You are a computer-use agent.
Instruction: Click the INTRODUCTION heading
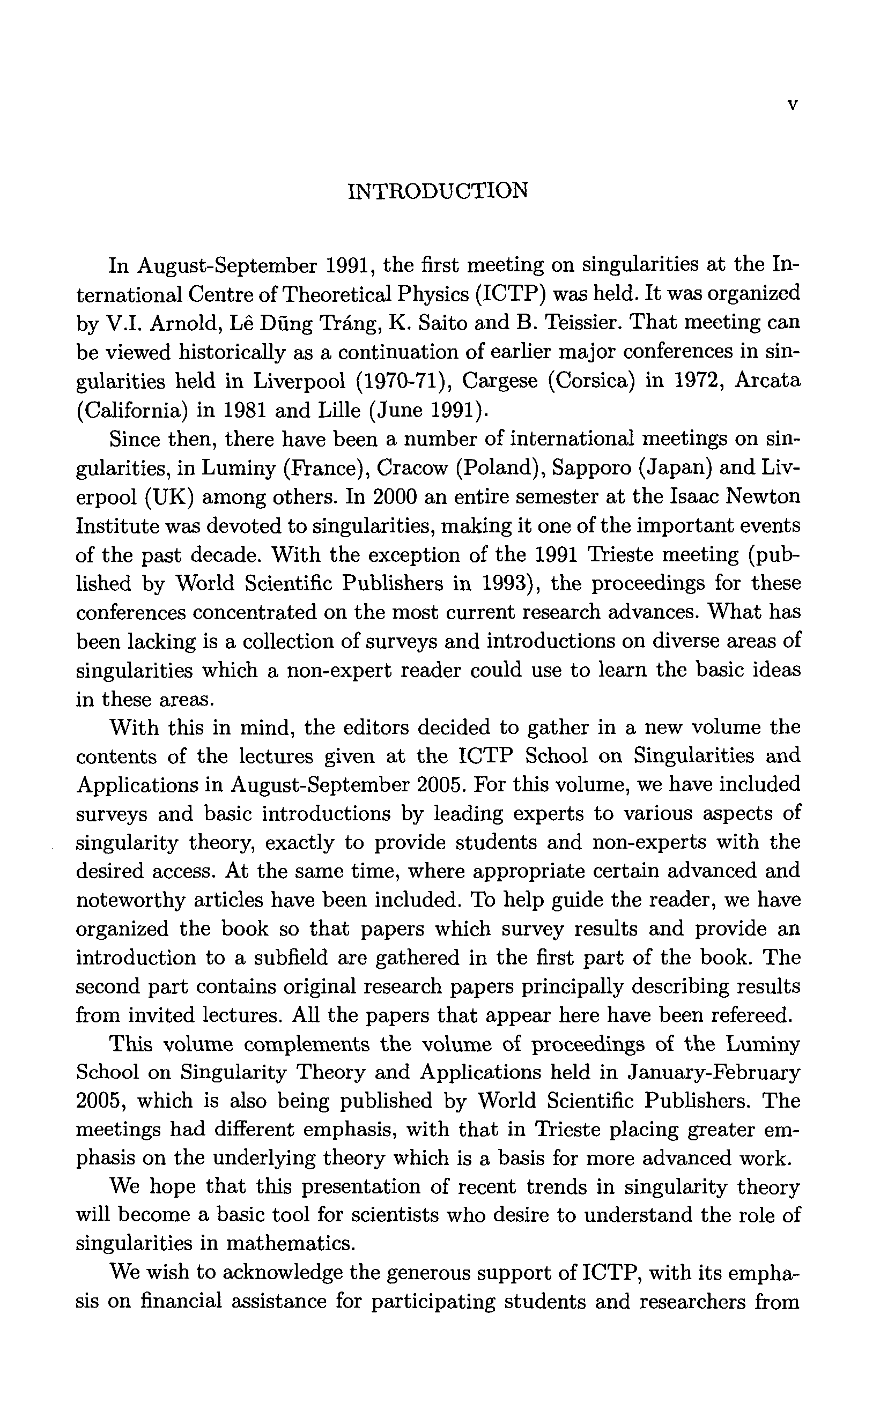click(438, 190)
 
